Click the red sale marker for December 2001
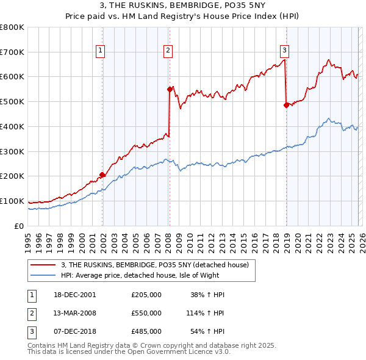(102, 175)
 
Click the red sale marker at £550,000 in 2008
(170, 89)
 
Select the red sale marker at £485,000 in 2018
(286, 105)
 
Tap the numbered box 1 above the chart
(100, 51)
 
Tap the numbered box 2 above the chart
(168, 51)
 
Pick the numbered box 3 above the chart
(284, 51)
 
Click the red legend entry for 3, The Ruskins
(154, 265)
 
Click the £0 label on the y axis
(19, 226)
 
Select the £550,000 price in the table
(146, 313)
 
